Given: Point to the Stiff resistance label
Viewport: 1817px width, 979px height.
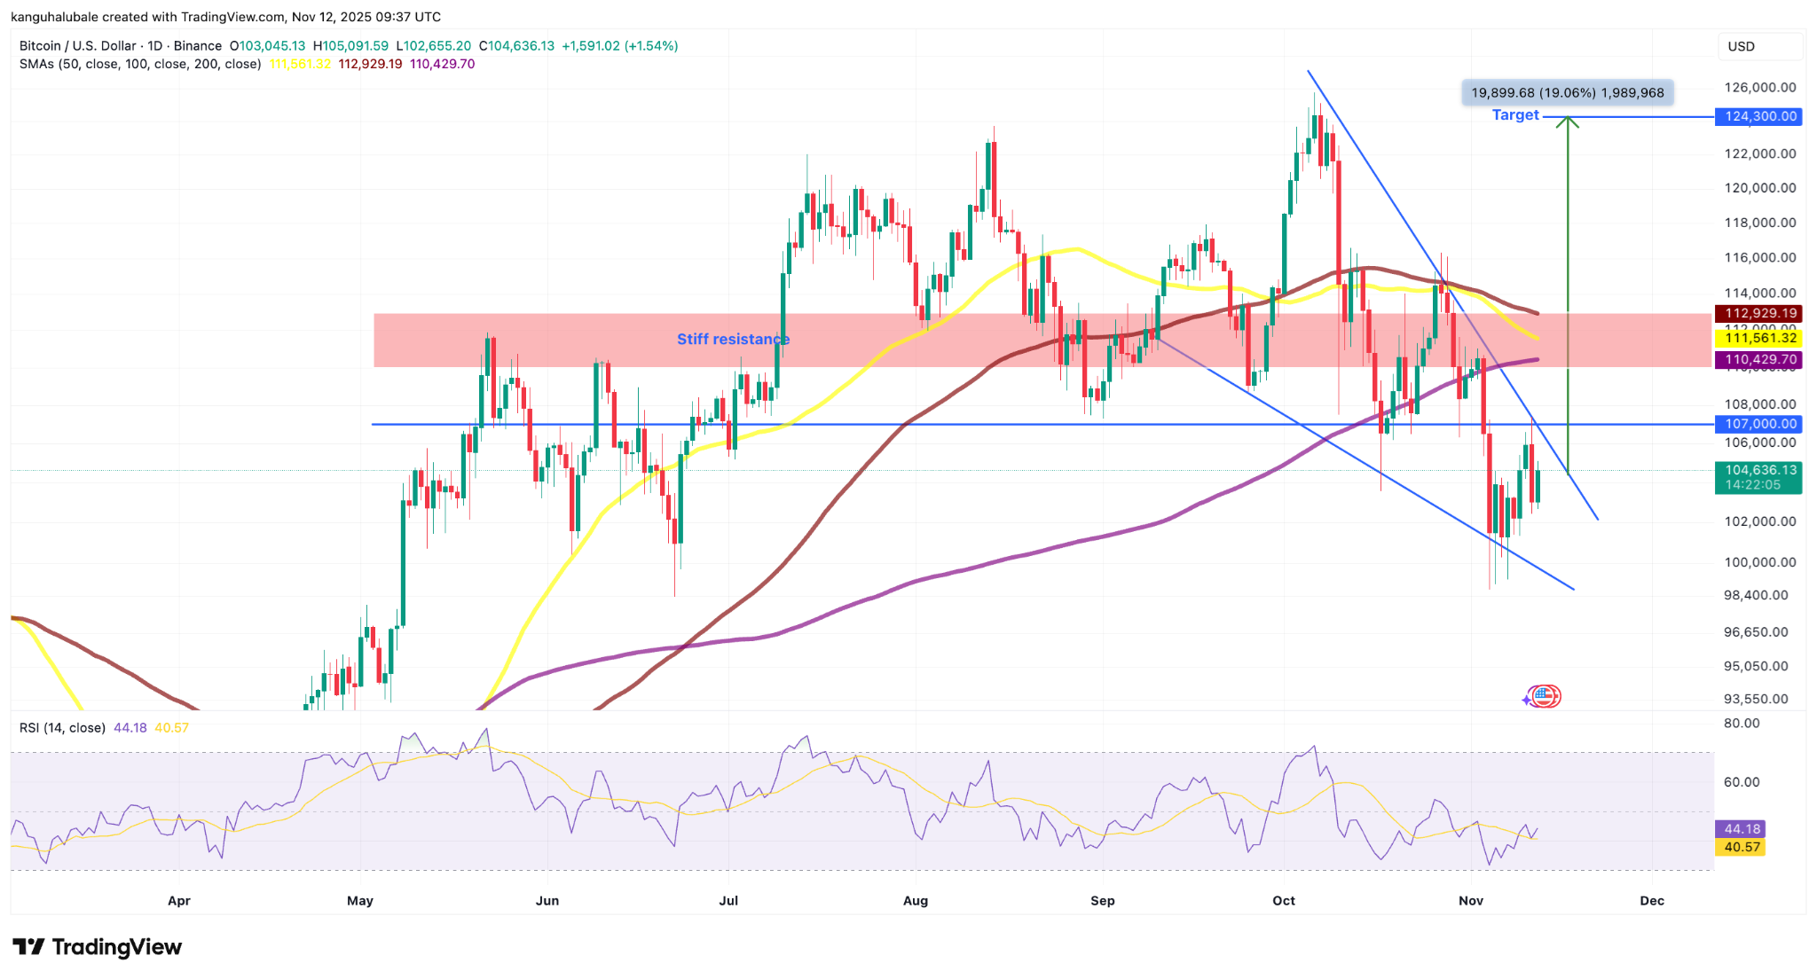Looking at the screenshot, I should click(733, 339).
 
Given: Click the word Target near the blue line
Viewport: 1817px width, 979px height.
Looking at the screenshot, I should click(1514, 115).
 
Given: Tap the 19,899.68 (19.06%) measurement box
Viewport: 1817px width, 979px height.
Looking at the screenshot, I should click(1567, 92).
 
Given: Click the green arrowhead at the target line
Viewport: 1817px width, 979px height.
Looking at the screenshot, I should click(1568, 122).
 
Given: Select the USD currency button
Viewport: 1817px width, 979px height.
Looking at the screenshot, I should click(1741, 46).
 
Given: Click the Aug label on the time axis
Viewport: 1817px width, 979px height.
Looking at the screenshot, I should click(916, 900).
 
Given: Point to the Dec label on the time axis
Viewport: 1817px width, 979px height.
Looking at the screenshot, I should click(1652, 900).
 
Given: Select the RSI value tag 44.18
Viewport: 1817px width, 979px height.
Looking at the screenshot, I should click(1742, 829).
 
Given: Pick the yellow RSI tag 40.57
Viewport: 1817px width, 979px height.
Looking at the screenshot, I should click(1742, 847).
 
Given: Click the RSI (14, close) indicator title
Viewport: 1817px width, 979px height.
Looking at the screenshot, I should click(62, 728).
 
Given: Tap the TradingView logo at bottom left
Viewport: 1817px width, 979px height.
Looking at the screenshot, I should click(97, 947).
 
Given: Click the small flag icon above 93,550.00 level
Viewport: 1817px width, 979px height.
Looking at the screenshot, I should click(1545, 696).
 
